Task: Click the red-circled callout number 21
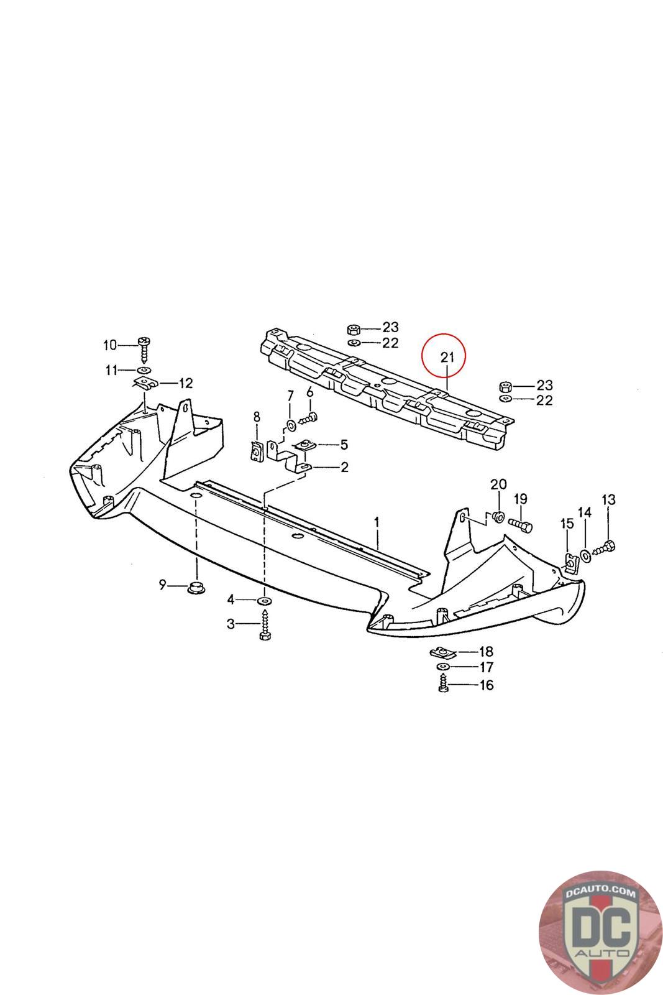coord(447,358)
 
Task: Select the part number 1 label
coord(377,521)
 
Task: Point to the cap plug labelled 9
coord(197,586)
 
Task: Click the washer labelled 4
coord(264,601)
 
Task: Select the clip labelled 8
coord(255,450)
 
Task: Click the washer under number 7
coord(291,426)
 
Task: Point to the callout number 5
coord(344,445)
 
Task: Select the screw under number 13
coord(605,548)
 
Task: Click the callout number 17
coord(487,668)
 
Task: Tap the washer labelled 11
coord(143,371)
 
